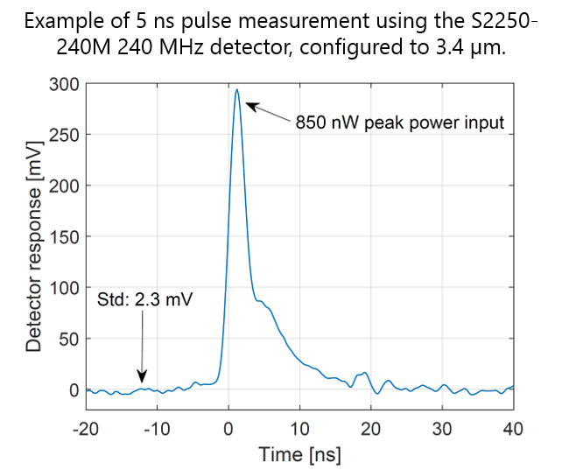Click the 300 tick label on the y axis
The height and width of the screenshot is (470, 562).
[x=64, y=84]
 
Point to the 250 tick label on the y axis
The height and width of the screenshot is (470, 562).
[x=64, y=135]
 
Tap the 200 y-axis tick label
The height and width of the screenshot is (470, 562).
[x=64, y=186]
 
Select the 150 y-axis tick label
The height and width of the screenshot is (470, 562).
[x=64, y=236]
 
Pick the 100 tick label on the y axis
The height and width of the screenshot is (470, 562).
[x=64, y=288]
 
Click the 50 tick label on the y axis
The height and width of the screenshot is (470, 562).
[x=68, y=339]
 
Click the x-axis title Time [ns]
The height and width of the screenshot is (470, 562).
[x=299, y=454]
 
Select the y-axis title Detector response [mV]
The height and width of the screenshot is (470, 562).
[x=33, y=238]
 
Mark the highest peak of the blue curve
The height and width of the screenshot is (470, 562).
[x=236, y=88]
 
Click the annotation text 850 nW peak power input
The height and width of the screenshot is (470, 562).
[x=401, y=122]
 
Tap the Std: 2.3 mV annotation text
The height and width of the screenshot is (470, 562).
[x=144, y=300]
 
